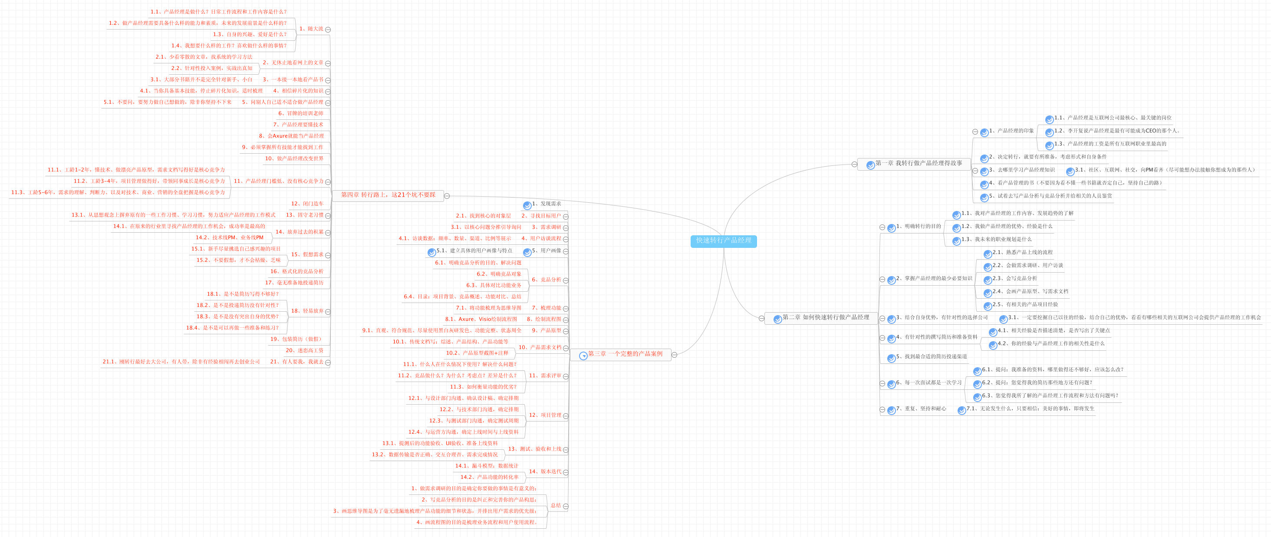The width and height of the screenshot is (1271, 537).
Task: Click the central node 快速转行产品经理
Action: click(723, 241)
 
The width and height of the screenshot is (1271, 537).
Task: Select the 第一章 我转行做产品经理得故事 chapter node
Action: click(918, 163)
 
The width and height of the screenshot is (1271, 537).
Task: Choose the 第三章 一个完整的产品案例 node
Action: click(625, 354)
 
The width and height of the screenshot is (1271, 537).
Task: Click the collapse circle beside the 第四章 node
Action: click(447, 196)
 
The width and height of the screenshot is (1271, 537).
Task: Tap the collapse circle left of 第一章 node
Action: click(854, 165)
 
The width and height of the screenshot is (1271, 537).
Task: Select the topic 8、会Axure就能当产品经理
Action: click(291, 136)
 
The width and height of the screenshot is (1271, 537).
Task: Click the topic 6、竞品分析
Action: click(546, 280)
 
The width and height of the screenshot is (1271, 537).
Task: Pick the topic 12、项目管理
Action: click(545, 415)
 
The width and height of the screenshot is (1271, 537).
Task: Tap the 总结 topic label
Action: click(556, 505)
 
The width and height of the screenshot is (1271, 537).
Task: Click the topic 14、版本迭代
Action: click(545, 471)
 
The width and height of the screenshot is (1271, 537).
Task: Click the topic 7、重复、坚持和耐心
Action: click(921, 409)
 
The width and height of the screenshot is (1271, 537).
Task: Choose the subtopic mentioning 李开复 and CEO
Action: click(1116, 131)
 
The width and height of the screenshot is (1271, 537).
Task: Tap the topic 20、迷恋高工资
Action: click(304, 350)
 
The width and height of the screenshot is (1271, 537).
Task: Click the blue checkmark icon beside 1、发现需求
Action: click(527, 205)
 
